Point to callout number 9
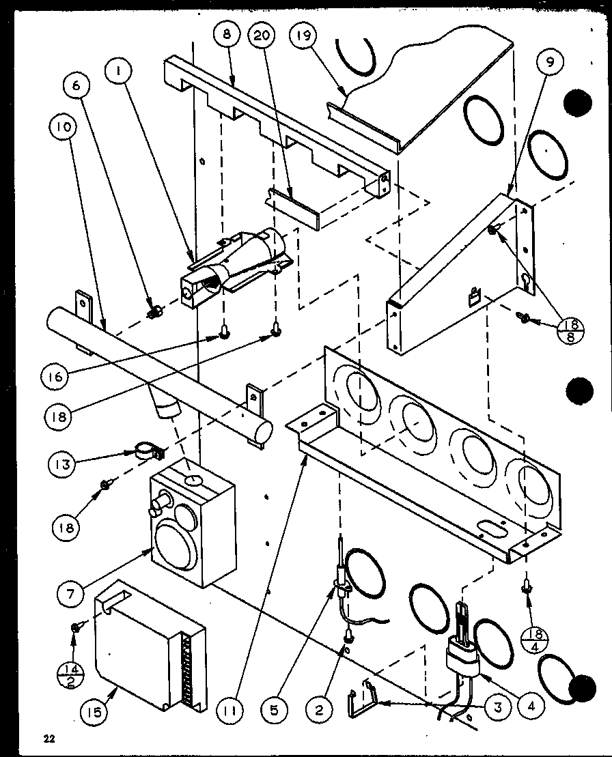tap(550, 61)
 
